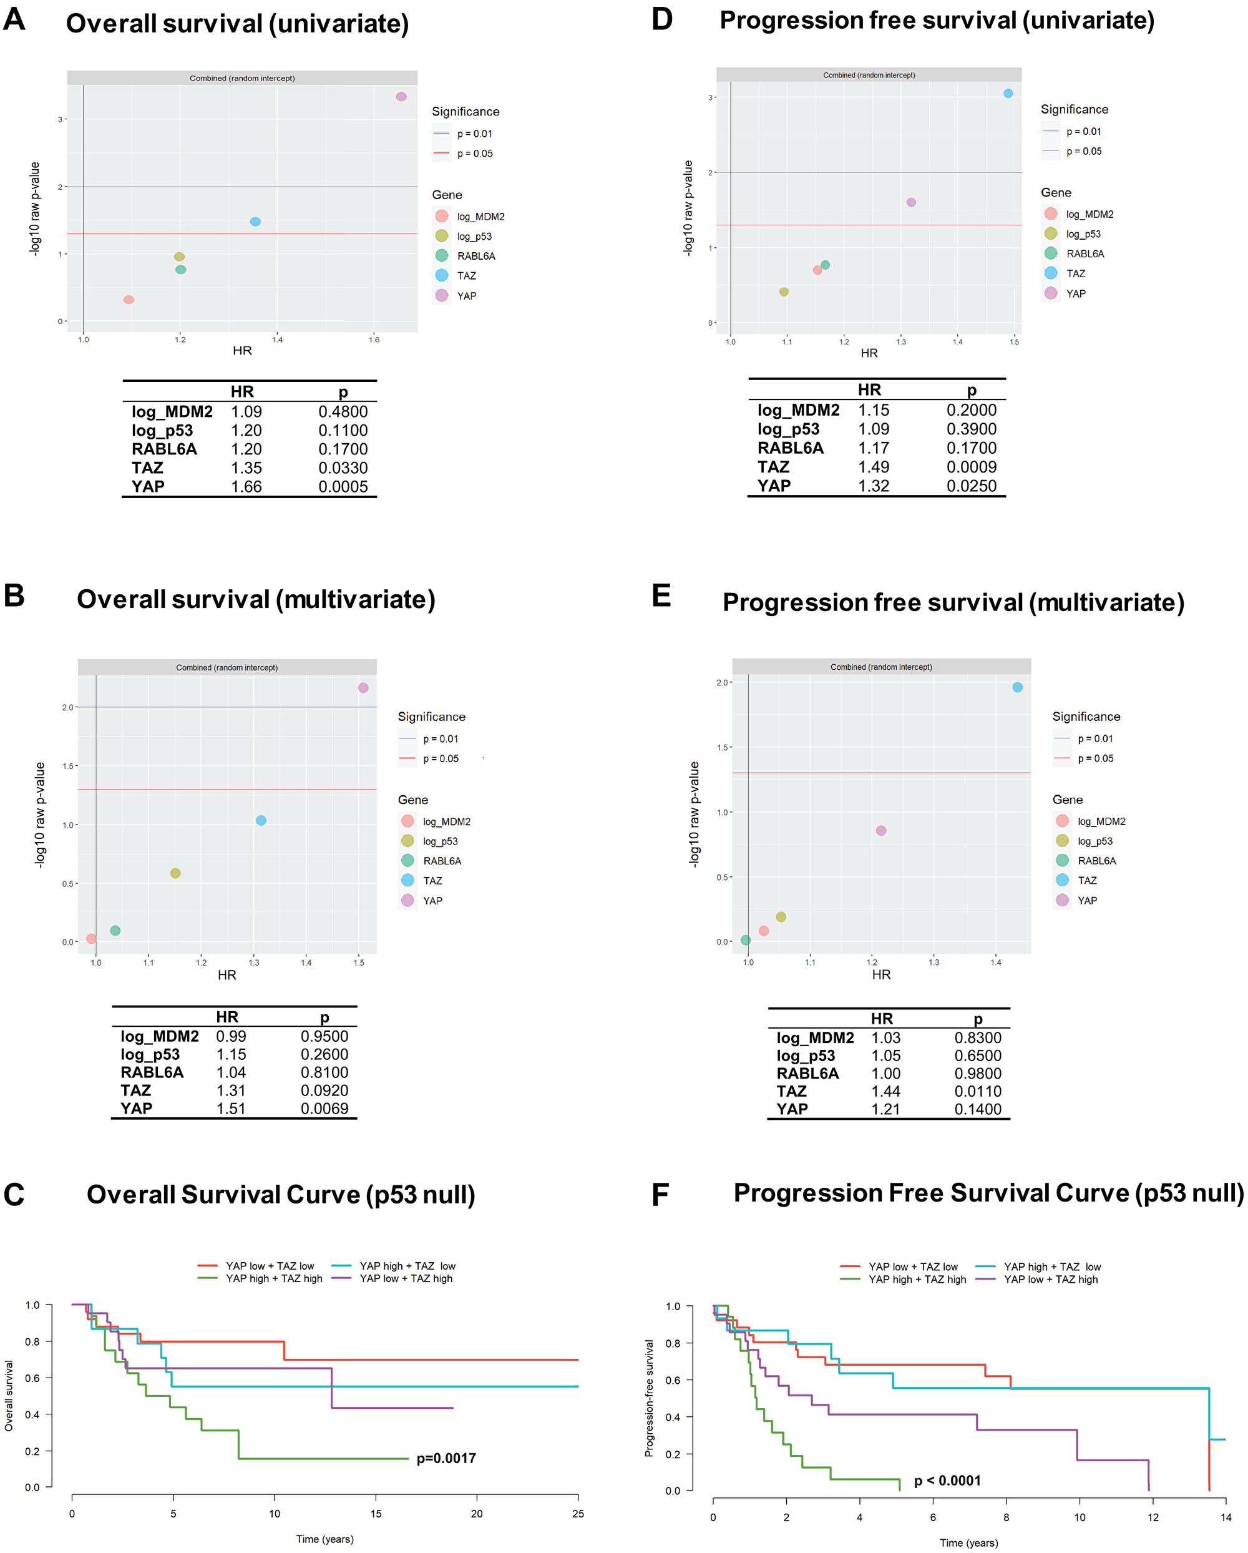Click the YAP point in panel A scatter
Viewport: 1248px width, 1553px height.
pyautogui.click(x=401, y=97)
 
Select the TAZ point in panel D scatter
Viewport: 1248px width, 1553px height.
pyautogui.click(x=1008, y=94)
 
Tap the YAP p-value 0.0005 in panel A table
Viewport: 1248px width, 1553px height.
pyautogui.click(x=343, y=487)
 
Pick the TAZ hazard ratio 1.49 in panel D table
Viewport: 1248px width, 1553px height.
pyautogui.click(x=873, y=467)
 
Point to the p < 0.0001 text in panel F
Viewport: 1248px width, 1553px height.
pyautogui.click(x=947, y=1480)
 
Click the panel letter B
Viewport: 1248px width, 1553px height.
pyautogui.click(x=14, y=595)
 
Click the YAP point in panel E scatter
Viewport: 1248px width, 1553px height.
pyautogui.click(x=880, y=831)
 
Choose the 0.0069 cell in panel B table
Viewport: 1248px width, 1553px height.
pyautogui.click(x=324, y=1109)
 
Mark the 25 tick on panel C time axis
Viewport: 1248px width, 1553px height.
pyautogui.click(x=578, y=1514)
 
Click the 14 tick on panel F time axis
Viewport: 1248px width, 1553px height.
pyautogui.click(x=1226, y=1517)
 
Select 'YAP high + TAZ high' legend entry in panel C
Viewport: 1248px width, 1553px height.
pyautogui.click(x=274, y=1278)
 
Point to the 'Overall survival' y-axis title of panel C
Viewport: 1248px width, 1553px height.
pyautogui.click(x=9, y=1395)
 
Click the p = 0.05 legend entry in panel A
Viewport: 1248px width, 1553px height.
pyautogui.click(x=475, y=154)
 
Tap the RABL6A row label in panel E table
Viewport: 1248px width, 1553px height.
pyautogui.click(x=807, y=1073)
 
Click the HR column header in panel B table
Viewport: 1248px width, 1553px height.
pyautogui.click(x=227, y=1016)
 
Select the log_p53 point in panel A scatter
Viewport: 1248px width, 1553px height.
pyautogui.click(x=179, y=257)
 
